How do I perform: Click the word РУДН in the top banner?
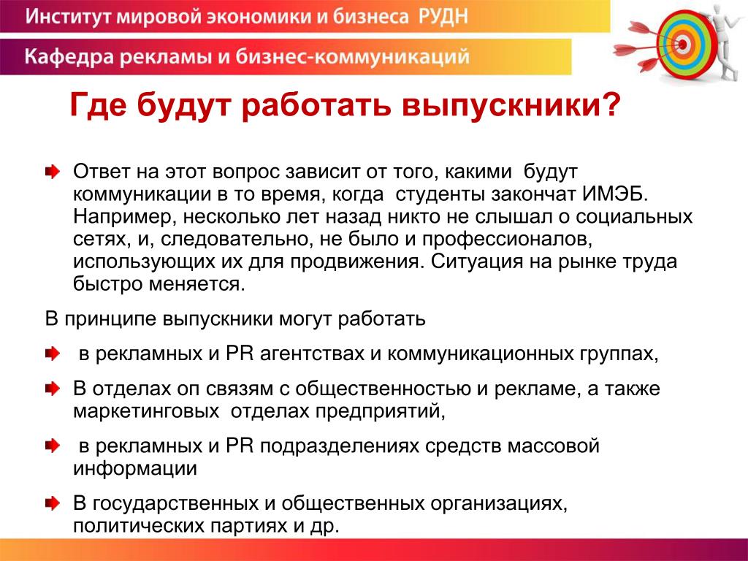point(443,16)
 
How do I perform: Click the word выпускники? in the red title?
point(510,105)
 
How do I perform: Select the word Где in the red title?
point(99,105)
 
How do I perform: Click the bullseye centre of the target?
point(683,45)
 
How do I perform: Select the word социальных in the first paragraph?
point(634,217)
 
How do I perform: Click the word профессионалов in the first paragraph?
point(507,240)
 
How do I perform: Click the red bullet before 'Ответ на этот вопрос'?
point(52,172)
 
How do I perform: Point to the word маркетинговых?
point(146,411)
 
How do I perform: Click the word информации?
point(135,468)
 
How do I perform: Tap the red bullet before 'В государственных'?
point(52,503)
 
